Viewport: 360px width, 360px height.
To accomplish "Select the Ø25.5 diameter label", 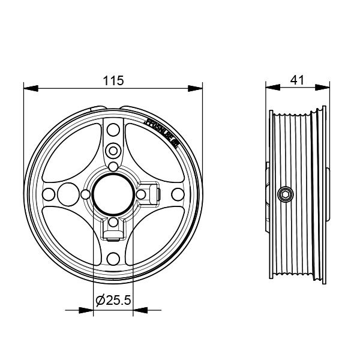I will pyautogui.click(x=113, y=299).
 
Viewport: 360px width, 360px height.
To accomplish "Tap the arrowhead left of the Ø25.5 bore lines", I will pyautogui.click(x=87, y=310).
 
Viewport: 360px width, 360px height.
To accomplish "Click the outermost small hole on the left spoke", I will pyautogui.click(x=49, y=193).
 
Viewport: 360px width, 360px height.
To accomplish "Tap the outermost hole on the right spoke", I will pyautogui.click(x=176, y=193).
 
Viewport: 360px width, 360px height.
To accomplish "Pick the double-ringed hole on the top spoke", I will pyautogui.click(x=113, y=149).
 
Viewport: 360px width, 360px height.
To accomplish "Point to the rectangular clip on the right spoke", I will pyautogui.click(x=154, y=193).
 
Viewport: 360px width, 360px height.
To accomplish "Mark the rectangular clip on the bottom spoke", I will pyautogui.click(x=113, y=229).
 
